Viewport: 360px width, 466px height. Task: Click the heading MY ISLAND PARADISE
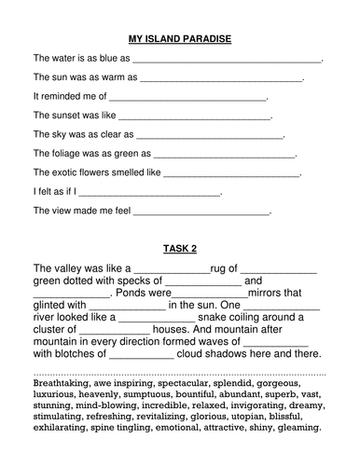pyautogui.click(x=179, y=39)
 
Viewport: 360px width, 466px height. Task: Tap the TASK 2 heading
pyautogui.click(x=180, y=249)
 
